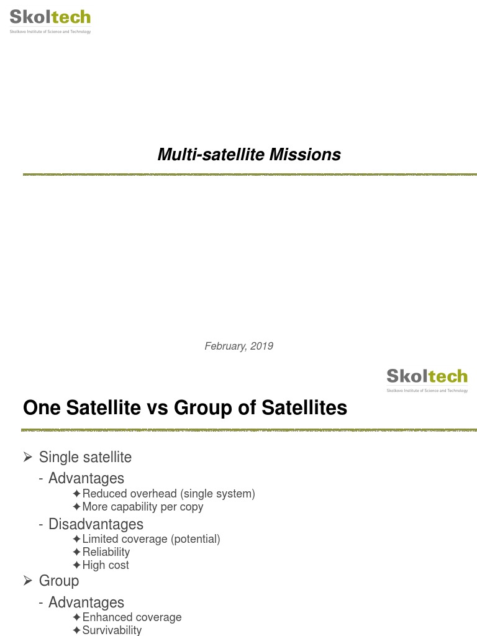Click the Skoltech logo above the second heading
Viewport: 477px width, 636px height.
(427, 379)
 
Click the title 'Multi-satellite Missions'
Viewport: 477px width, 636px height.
(249, 155)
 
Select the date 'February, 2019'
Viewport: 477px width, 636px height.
(238, 346)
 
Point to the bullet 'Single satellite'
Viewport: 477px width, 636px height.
(85, 457)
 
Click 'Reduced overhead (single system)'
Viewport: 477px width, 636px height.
(168, 494)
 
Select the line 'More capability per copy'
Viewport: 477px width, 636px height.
(142, 507)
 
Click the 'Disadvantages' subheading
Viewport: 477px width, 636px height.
(96, 524)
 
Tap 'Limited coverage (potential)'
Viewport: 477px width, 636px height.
(151, 539)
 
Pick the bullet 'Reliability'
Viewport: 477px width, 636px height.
(106, 552)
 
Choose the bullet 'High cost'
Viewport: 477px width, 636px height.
(106, 565)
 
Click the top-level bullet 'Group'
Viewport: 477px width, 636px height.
(59, 581)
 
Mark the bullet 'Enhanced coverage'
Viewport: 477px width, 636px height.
(132, 617)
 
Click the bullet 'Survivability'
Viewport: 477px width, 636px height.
(112, 630)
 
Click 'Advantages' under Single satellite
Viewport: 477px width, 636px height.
(86, 478)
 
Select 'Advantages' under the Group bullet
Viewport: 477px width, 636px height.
(86, 602)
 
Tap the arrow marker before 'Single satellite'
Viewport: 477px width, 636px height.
(27, 457)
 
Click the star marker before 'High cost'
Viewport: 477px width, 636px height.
(76, 565)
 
